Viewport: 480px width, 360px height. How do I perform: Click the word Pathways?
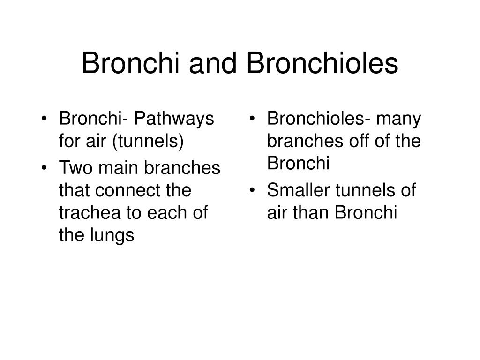point(174,119)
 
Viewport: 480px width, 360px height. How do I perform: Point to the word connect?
point(128,190)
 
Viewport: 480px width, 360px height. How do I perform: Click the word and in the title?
point(213,63)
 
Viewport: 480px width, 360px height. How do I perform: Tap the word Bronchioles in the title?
point(322,63)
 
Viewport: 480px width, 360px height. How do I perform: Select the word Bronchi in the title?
point(130,63)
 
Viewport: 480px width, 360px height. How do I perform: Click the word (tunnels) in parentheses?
point(148,142)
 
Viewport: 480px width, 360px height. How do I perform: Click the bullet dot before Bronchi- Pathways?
point(45,119)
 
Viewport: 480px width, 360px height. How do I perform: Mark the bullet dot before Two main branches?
point(45,168)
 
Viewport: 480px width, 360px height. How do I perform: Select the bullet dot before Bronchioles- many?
point(252,119)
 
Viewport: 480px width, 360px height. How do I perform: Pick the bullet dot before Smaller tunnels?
point(252,190)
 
